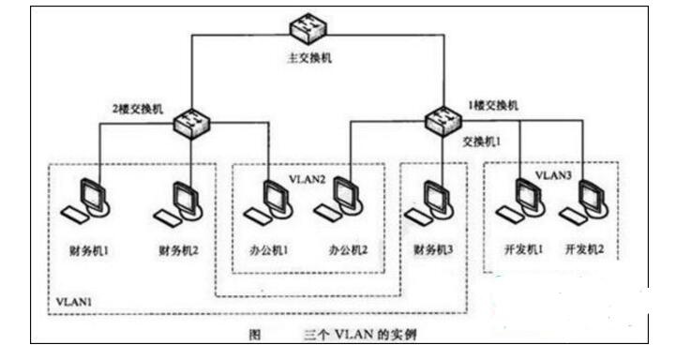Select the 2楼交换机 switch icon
tap(191, 124)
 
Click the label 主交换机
tap(308, 58)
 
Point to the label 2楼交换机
tap(138, 109)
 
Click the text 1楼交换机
tap(493, 105)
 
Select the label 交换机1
tap(482, 142)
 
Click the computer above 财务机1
tap(86, 202)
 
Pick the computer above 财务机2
tap(178, 203)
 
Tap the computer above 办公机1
tap(269, 202)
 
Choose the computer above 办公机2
tap(338, 200)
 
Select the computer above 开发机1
tap(521, 201)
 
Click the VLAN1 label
tap(74, 302)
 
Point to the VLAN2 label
tap(308, 179)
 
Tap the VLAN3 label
tap(553, 175)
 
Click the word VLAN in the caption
tap(353, 335)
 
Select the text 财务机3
tap(433, 249)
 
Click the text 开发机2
tap(585, 249)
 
